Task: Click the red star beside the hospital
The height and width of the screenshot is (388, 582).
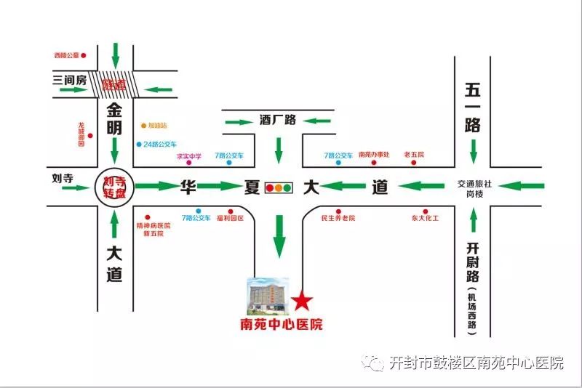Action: tap(302, 300)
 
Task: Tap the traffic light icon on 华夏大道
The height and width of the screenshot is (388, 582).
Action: tap(278, 187)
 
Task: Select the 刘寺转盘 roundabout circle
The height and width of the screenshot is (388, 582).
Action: tap(115, 188)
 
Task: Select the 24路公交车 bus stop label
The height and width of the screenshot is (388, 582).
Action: tap(160, 144)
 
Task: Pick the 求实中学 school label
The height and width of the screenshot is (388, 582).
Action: tap(189, 155)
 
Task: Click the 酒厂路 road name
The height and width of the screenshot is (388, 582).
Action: tap(278, 120)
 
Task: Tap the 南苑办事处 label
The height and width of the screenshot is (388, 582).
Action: tap(375, 155)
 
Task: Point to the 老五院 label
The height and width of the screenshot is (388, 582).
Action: tap(414, 155)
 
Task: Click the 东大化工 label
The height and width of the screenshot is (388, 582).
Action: tap(426, 218)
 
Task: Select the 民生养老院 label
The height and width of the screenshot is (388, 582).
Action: tap(338, 218)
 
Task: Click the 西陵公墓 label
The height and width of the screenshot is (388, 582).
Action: tap(66, 55)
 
